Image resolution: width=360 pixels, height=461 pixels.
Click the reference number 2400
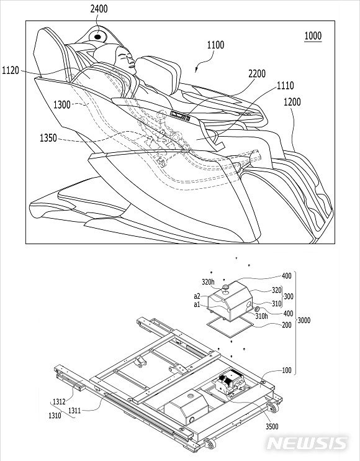(x=99, y=9)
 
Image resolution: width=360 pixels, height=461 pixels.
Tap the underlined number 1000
(x=313, y=36)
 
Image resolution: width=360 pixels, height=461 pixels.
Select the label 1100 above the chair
(x=215, y=45)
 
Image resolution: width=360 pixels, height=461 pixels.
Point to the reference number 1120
(x=11, y=71)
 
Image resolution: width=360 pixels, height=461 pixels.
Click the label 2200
(x=257, y=74)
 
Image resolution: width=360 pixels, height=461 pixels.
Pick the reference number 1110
(x=285, y=86)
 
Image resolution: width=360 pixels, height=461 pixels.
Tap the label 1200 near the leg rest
(x=292, y=103)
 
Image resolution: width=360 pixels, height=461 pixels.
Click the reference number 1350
(x=48, y=138)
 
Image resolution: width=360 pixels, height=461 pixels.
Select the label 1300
(x=61, y=104)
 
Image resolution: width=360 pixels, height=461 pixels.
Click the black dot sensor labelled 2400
(x=97, y=37)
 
